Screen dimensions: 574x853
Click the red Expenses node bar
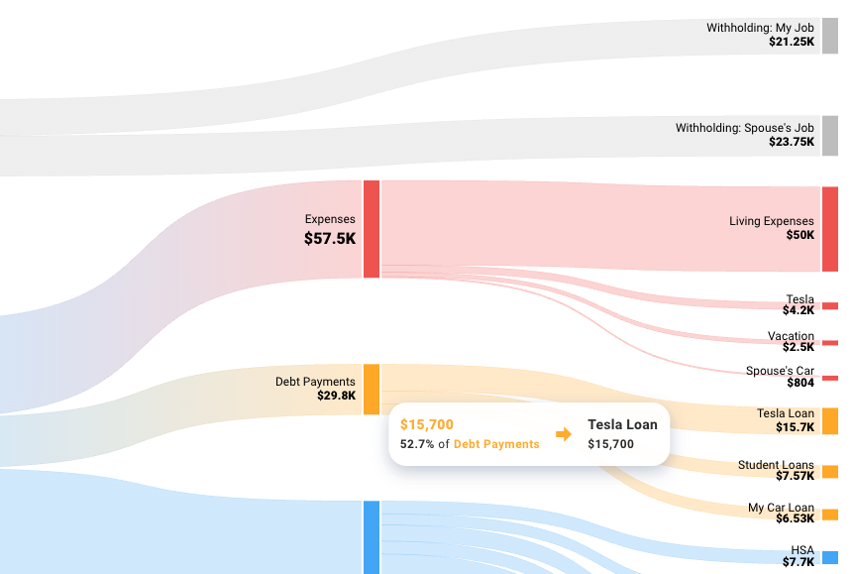372,229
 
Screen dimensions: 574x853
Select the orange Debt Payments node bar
372,389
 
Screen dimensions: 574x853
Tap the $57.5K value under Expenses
329,239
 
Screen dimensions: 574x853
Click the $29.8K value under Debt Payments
336,396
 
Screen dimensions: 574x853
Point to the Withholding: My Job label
760,28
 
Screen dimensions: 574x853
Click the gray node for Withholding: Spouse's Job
829,136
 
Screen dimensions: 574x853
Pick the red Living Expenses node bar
829,229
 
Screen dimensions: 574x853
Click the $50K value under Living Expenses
800,235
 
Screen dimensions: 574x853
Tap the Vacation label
791,336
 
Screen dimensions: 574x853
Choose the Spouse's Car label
780,371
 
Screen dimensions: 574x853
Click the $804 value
800,383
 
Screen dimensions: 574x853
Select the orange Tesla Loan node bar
829,420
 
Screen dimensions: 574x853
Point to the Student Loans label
776,465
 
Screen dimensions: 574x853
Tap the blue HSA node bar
829,557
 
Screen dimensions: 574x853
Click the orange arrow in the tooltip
563,434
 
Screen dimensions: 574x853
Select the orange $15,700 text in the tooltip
427,424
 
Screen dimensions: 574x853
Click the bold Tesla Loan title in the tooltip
622,424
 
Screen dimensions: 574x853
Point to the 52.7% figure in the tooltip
417,444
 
